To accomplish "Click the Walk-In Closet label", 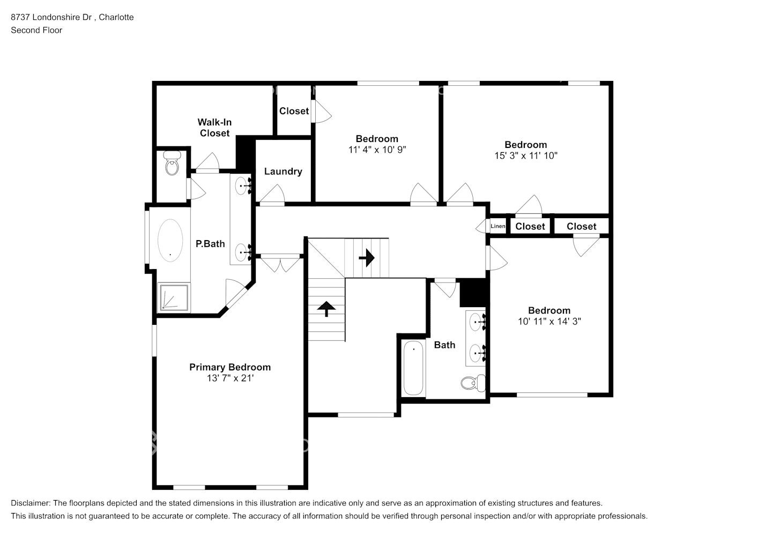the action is pyautogui.click(x=214, y=128).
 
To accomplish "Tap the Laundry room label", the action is pyautogui.click(x=283, y=171).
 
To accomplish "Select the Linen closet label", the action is pyautogui.click(x=498, y=226).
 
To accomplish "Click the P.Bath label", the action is pyautogui.click(x=210, y=244).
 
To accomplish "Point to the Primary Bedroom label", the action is pyautogui.click(x=230, y=367).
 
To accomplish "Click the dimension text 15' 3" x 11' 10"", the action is pyautogui.click(x=526, y=155).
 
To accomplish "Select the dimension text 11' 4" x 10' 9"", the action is pyautogui.click(x=377, y=150).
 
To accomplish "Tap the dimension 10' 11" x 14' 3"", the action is pyautogui.click(x=549, y=321).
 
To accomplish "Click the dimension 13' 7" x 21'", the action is pyautogui.click(x=230, y=378).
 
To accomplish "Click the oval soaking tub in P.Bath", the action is pyautogui.click(x=170, y=240).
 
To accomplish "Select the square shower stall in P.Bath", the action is pyautogui.click(x=174, y=297).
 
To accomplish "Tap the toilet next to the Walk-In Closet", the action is pyautogui.click(x=172, y=163).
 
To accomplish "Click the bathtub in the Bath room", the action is pyautogui.click(x=413, y=368).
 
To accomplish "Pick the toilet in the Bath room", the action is pyautogui.click(x=473, y=383).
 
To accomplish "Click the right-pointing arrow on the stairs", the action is pyautogui.click(x=367, y=258).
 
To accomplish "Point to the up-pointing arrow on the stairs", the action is pyautogui.click(x=326, y=309).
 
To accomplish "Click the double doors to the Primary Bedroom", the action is pyautogui.click(x=280, y=263).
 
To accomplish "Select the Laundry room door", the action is pyautogui.click(x=272, y=195).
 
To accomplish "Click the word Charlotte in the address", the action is pyautogui.click(x=116, y=17).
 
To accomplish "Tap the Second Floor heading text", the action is pyautogui.click(x=36, y=30).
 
